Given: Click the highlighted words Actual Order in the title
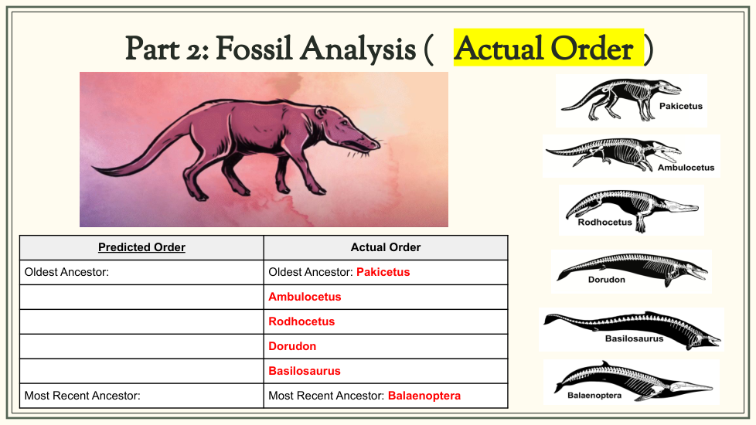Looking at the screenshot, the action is point(544,49).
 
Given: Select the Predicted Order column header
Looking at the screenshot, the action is point(141,247).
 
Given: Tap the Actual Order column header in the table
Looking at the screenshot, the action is point(386,247).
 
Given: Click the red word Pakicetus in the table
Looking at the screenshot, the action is point(383,272).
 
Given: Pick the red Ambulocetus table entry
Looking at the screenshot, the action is point(305,297).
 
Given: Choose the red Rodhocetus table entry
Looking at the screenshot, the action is point(301,321).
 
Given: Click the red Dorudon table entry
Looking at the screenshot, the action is point(292,346).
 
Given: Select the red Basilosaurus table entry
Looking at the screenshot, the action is point(305,371).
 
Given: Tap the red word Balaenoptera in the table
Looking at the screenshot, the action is point(424,396).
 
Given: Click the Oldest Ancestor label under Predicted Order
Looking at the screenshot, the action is point(66,272).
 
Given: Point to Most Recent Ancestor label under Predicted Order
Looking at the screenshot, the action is point(83,396).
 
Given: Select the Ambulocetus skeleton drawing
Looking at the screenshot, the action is point(613,154).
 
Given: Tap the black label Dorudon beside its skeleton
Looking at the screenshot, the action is point(607,280).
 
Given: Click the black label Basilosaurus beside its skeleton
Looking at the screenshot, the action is point(634,338).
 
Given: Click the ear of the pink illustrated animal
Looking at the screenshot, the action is point(320,112).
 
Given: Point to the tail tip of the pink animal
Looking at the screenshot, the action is point(94,168).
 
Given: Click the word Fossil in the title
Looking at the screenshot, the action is point(257,49).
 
